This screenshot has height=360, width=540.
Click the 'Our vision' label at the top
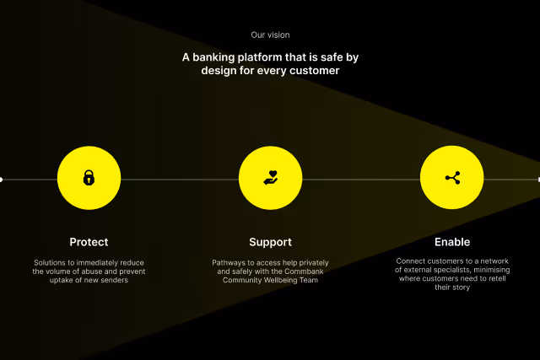(x=270, y=35)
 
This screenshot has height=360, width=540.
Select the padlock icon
(x=89, y=178)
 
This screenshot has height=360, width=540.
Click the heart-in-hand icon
(x=270, y=178)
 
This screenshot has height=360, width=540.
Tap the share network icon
(x=452, y=178)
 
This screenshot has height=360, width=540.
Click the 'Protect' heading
(x=89, y=242)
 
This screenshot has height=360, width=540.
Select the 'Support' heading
(x=270, y=242)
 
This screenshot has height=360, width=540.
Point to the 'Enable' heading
(x=452, y=242)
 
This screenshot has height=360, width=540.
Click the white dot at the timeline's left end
(x=1, y=179)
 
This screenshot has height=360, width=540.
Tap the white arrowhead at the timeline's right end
(x=537, y=179)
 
